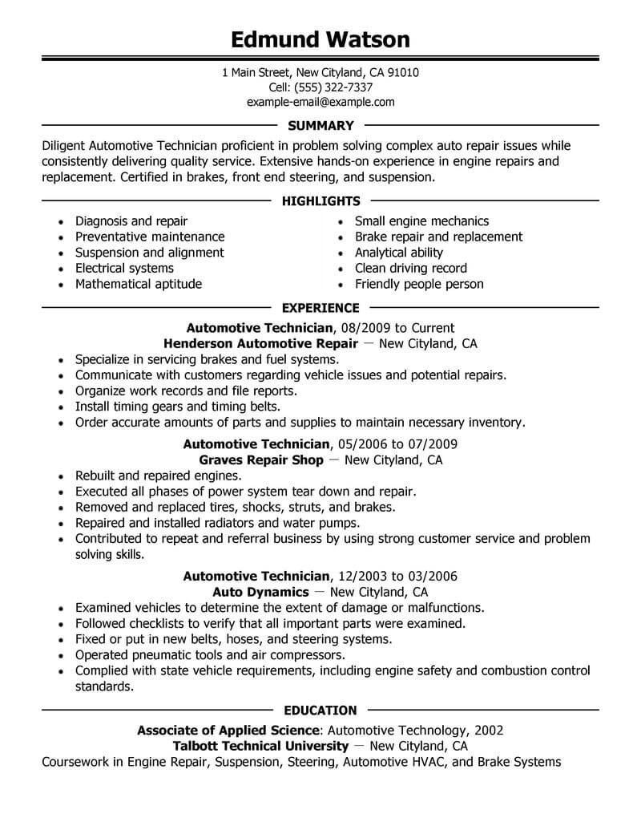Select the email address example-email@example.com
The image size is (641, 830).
(x=320, y=102)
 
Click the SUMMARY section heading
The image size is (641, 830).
(x=320, y=125)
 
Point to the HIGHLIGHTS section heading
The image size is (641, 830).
(x=320, y=200)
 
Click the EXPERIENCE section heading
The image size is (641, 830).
(x=320, y=307)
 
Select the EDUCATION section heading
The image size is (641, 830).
(x=320, y=710)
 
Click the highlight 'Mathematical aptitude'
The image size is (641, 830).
(x=139, y=284)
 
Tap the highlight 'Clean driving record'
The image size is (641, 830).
(x=411, y=268)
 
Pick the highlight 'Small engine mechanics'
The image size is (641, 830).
(x=421, y=221)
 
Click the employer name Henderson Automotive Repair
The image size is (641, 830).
(x=260, y=343)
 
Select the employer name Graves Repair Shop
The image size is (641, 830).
(x=261, y=460)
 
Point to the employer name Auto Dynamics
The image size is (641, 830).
(x=264, y=592)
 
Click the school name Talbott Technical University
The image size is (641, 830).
(x=261, y=746)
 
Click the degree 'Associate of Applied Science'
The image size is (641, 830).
(x=228, y=730)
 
